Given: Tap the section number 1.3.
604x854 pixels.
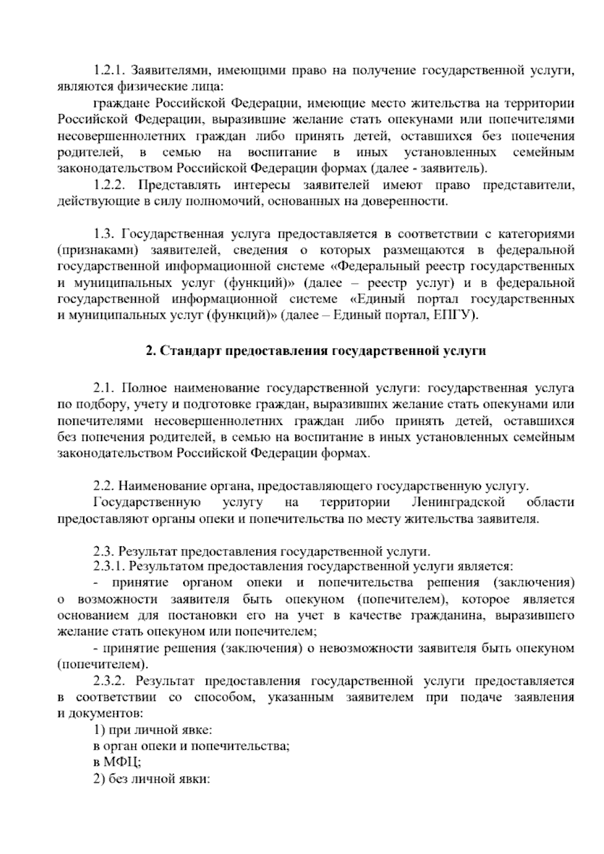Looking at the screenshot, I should point(104,234).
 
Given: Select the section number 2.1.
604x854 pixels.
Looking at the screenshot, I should point(104,388).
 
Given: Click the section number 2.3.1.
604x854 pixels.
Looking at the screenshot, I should point(108,566).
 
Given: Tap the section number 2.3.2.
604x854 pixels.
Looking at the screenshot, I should point(108,681).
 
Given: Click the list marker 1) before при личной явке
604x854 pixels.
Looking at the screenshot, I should point(99,730).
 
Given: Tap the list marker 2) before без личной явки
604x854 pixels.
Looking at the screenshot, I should point(99,779).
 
